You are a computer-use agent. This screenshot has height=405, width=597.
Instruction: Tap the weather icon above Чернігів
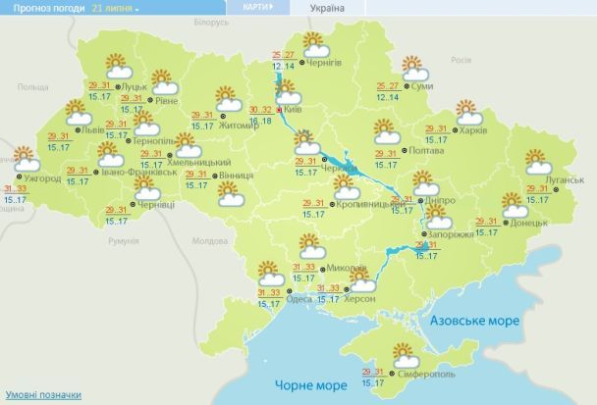[x=315, y=44]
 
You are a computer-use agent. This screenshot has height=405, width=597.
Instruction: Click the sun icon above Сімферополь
[x=403, y=352]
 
